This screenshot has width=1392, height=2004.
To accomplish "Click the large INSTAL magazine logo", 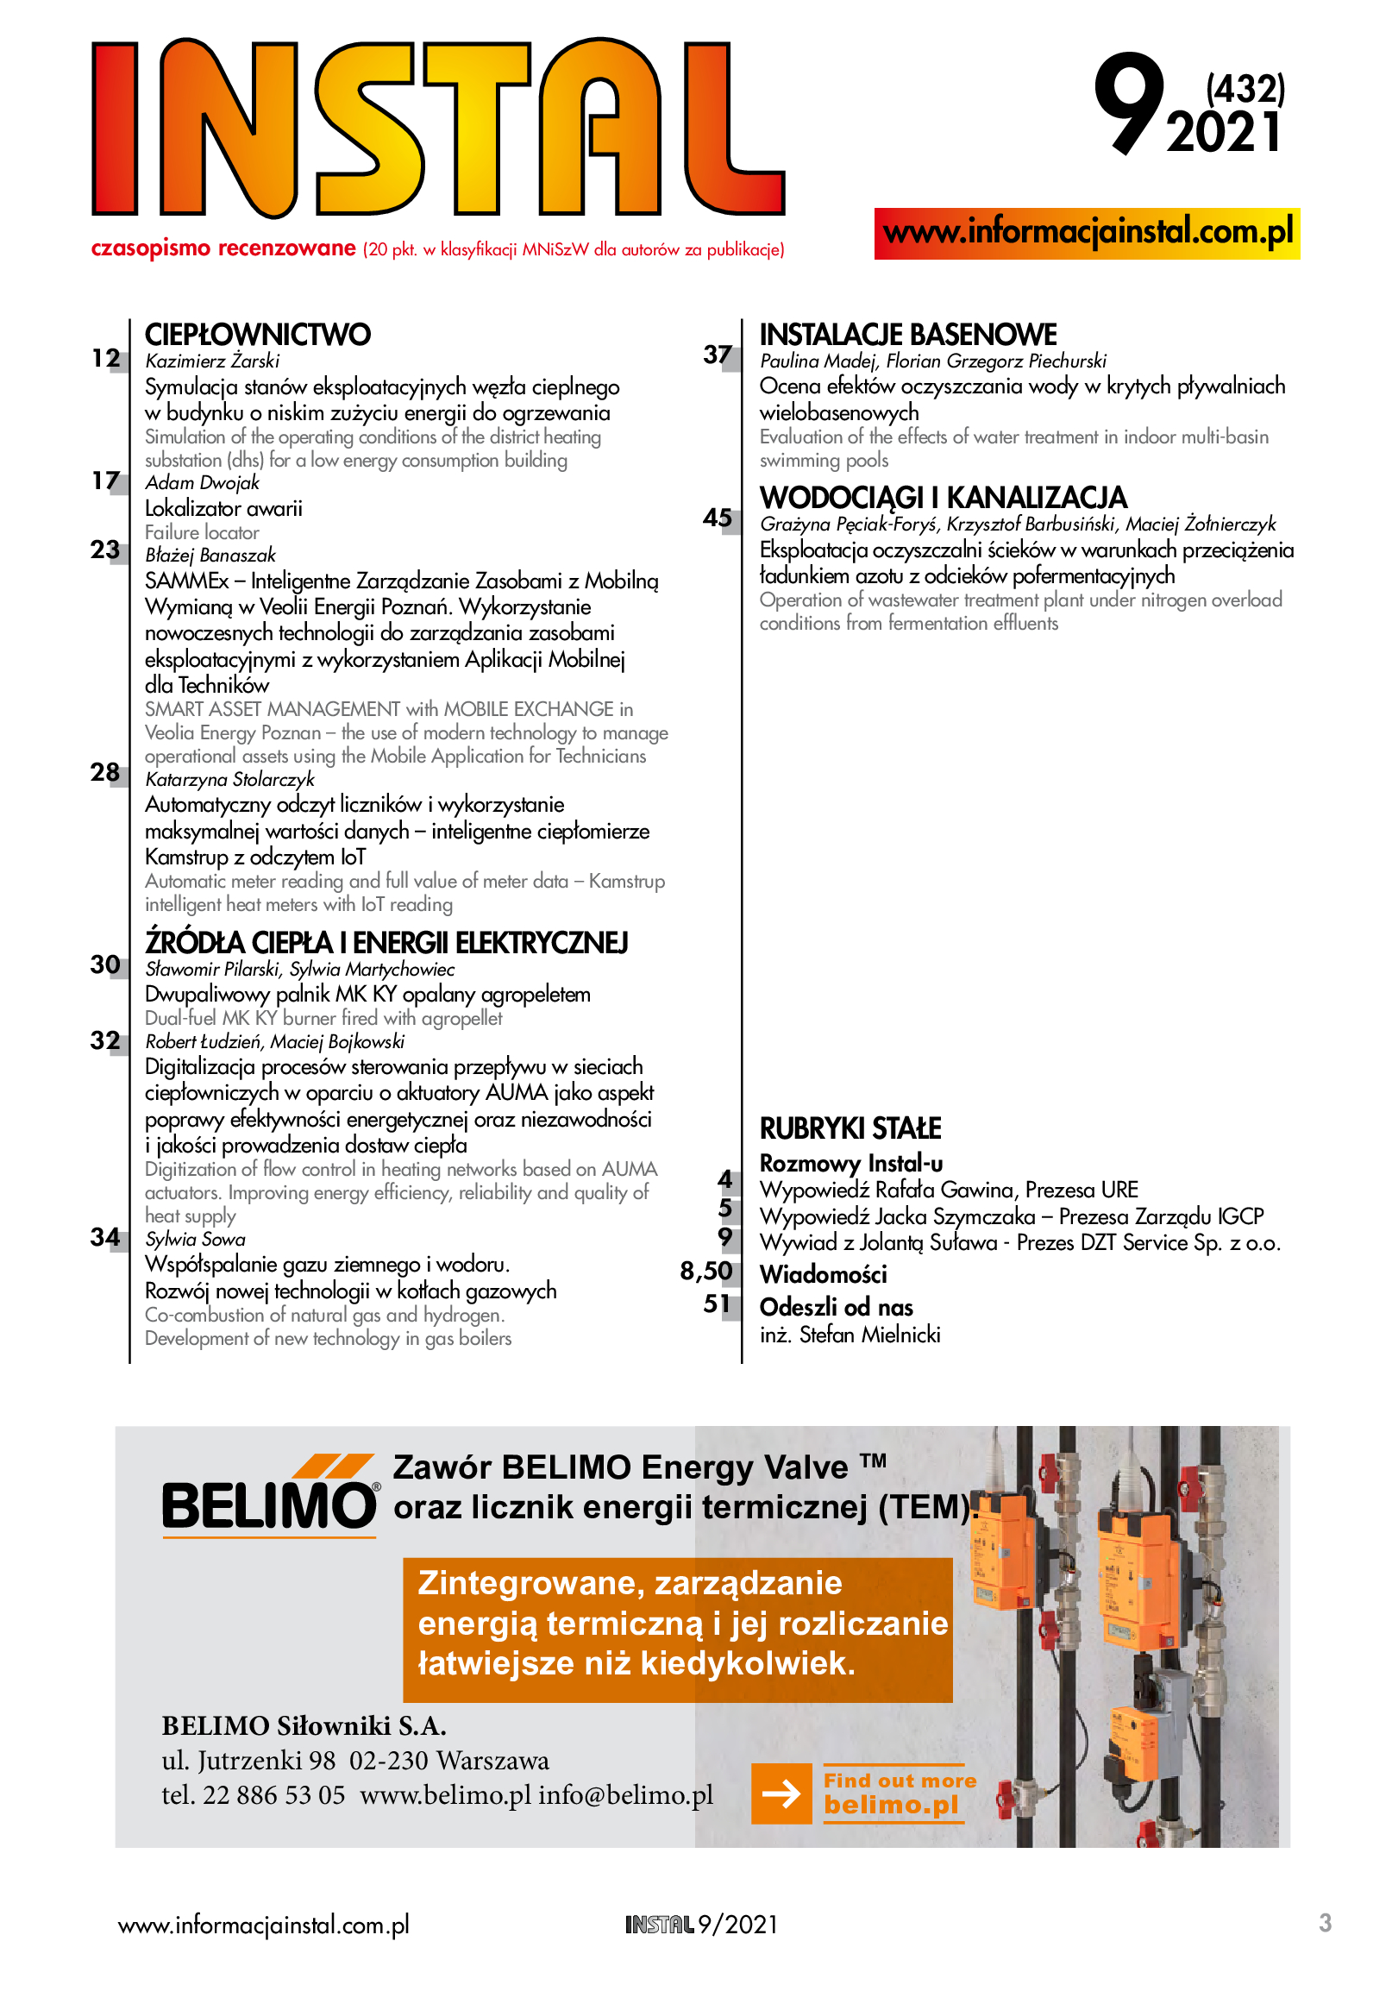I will (438, 129).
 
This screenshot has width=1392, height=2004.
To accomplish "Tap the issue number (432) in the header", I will (1245, 88).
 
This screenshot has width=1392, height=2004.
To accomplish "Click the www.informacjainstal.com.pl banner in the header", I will (1087, 233).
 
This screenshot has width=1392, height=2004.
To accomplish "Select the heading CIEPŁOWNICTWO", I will (257, 334).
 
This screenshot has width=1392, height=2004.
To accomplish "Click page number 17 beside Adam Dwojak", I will (105, 481).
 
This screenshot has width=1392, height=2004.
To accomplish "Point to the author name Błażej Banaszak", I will (210, 555).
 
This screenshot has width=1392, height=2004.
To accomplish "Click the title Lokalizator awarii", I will (223, 509).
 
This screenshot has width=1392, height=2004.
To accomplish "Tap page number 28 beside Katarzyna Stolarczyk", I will (105, 772).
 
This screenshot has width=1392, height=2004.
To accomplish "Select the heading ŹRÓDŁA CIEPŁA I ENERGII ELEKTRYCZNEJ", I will (386, 943).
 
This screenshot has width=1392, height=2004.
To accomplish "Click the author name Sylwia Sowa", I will (196, 1240).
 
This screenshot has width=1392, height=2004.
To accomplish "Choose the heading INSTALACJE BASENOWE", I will (908, 334).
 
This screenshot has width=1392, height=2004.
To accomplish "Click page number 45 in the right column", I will (718, 518).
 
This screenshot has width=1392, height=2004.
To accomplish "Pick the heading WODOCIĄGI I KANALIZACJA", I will (943, 497).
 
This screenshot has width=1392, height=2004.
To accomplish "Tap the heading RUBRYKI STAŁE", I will (850, 1129).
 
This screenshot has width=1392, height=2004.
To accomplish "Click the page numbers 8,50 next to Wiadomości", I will (706, 1271).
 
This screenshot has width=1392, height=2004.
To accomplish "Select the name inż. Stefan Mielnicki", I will (850, 1335).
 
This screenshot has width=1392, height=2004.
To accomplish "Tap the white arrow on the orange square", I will (781, 1794).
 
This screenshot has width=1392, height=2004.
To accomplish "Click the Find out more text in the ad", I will (900, 1781).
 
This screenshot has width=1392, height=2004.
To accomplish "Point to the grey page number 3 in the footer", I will (1325, 1923).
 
